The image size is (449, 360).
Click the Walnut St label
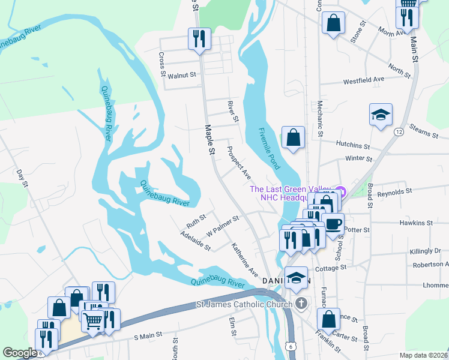[x=182, y=76]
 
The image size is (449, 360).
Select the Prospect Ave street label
[x=238, y=162]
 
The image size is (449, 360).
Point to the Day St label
[x=22, y=178]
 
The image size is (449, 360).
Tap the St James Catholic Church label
[x=244, y=305]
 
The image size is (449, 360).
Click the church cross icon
[x=302, y=304]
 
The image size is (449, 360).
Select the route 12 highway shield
[x=399, y=131]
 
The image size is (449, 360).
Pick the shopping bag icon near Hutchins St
[x=293, y=137]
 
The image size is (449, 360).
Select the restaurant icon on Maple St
[x=198, y=39]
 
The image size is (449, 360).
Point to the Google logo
[x=20, y=353]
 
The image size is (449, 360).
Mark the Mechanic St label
[x=320, y=117]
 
